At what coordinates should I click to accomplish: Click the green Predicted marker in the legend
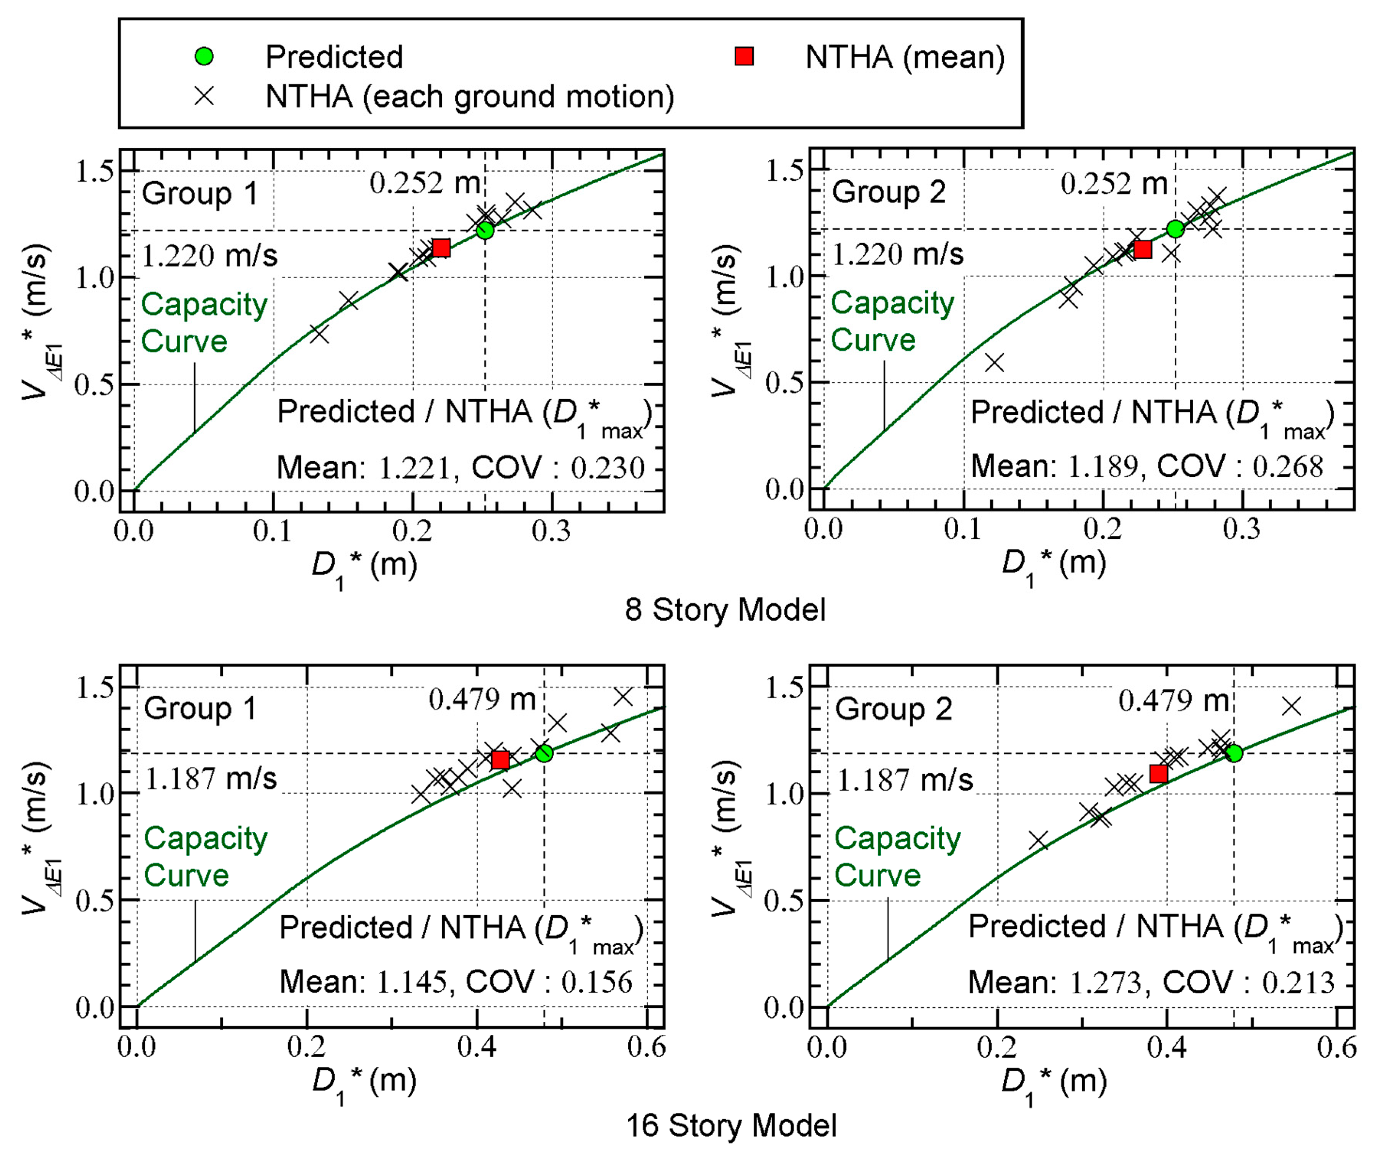pyautogui.click(x=204, y=57)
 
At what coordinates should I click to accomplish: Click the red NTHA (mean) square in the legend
pyautogui.click(x=743, y=57)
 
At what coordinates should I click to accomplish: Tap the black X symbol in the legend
pyautogui.click(x=204, y=96)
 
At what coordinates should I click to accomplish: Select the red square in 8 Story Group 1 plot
pyautogui.click(x=441, y=248)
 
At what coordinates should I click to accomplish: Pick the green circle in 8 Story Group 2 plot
pyautogui.click(x=1175, y=229)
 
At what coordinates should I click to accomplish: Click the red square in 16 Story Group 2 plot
pyautogui.click(x=1159, y=774)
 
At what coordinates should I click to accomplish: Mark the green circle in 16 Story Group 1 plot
pyautogui.click(x=544, y=753)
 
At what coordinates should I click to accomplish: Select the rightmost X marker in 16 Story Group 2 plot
pyautogui.click(x=1291, y=706)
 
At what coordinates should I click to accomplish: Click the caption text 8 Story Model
pyautogui.click(x=725, y=610)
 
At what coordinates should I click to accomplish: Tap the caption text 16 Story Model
pyautogui.click(x=731, y=1126)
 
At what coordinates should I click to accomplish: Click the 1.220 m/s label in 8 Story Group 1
pyautogui.click(x=209, y=256)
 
